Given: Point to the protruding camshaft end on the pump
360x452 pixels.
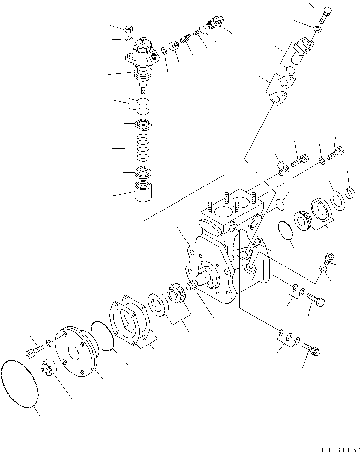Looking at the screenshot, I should (196, 284).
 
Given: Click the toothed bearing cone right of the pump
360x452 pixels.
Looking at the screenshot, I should (300, 219).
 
